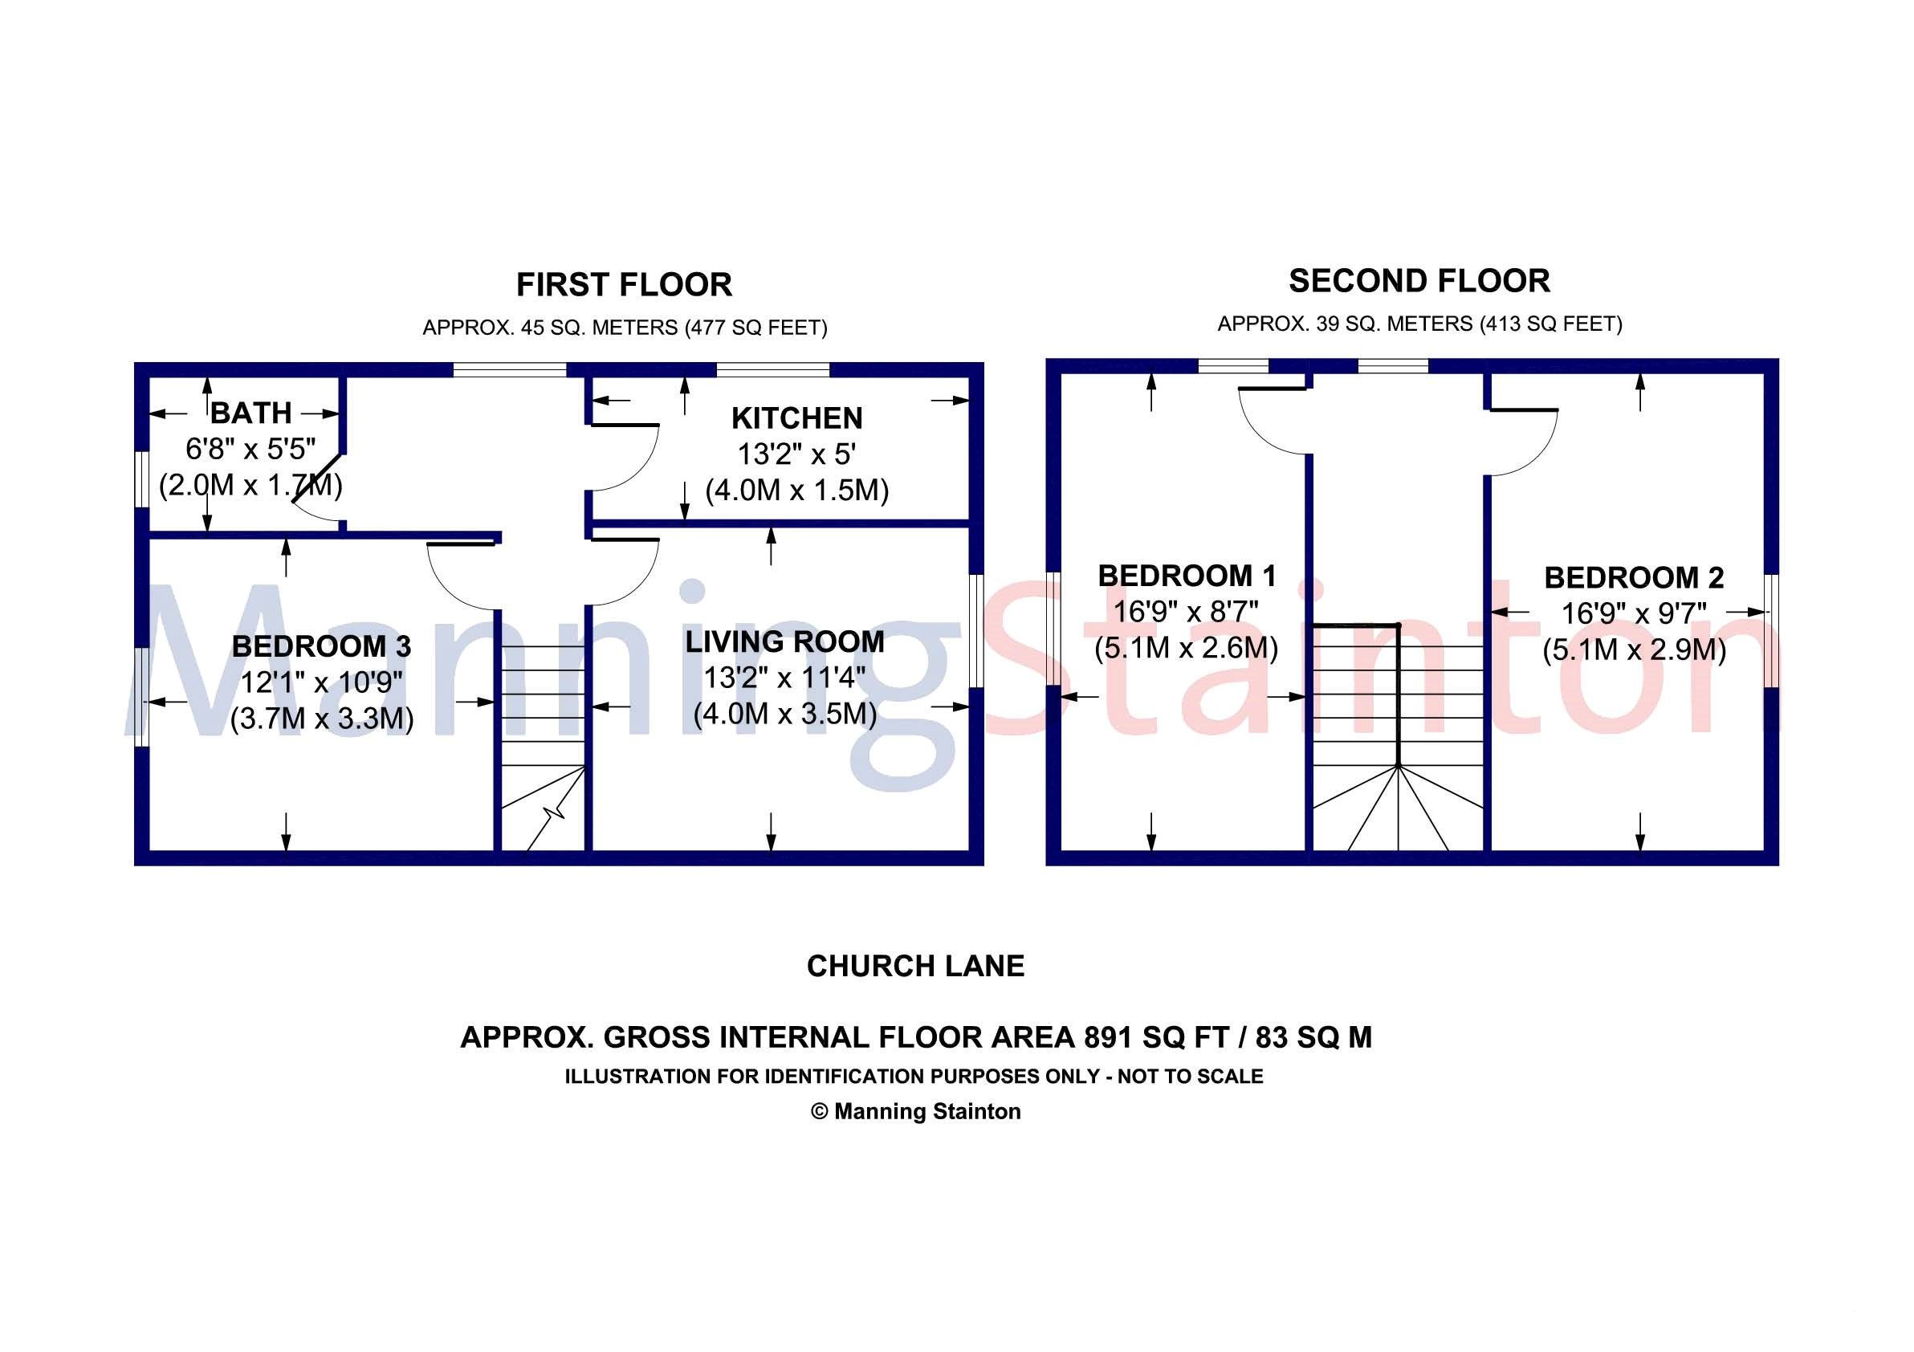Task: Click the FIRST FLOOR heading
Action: pyautogui.click(x=624, y=285)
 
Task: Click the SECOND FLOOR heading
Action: pyautogui.click(x=1419, y=281)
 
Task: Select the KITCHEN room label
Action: pyautogui.click(x=796, y=417)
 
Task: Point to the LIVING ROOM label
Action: pyautogui.click(x=784, y=641)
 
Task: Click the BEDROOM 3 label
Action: pyautogui.click(x=321, y=646)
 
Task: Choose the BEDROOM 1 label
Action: pyautogui.click(x=1187, y=575)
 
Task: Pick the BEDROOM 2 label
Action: pyautogui.click(x=1633, y=576)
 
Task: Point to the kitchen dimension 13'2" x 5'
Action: pyautogui.click(x=796, y=454)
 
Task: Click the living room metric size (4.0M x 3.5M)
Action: pyautogui.click(x=784, y=715)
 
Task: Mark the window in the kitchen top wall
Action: pyautogui.click(x=773, y=370)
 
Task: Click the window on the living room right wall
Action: pyautogui.click(x=976, y=630)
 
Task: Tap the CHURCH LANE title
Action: pyautogui.click(x=915, y=966)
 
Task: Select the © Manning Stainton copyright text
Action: pyautogui.click(x=915, y=1111)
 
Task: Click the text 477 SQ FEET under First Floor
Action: pyautogui.click(x=755, y=328)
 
